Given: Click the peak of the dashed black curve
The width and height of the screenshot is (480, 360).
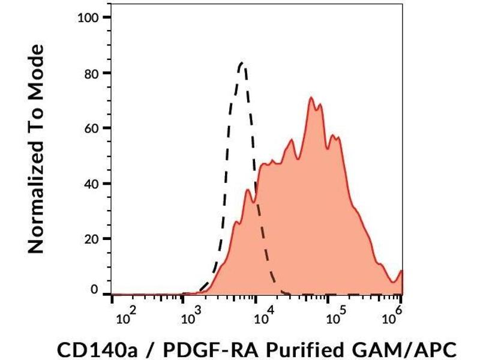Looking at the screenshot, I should [242, 62].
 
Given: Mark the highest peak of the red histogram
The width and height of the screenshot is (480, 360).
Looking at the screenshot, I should [311, 97].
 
